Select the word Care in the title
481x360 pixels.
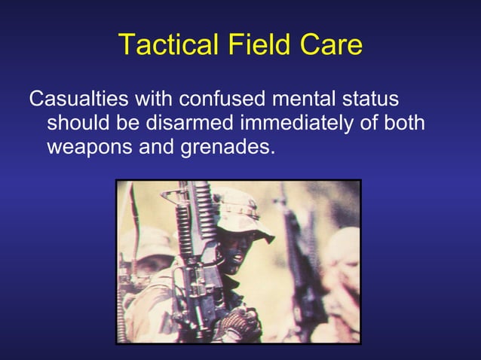(332, 46)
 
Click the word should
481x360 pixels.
(79, 122)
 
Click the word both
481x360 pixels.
(405, 122)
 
